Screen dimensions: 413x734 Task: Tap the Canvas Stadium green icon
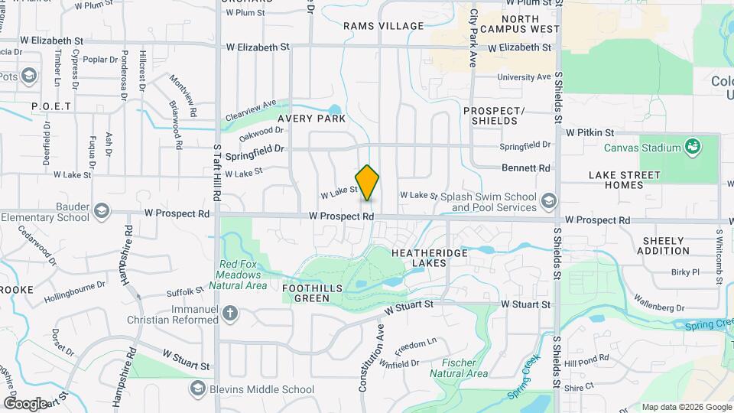[693, 146]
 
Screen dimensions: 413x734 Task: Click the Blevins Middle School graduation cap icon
[199, 389]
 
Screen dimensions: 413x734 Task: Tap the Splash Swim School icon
[547, 201]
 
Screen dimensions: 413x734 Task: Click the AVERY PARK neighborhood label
[311, 119]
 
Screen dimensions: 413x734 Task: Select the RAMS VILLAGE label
[383, 26]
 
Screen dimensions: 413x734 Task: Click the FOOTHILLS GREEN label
[317, 293]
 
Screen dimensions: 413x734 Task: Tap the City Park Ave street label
[473, 38]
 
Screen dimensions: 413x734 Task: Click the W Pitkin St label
[590, 132]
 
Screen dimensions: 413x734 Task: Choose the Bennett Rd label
[526, 167]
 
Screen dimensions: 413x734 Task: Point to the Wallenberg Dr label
[659, 307]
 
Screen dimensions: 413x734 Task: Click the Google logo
[24, 404]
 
